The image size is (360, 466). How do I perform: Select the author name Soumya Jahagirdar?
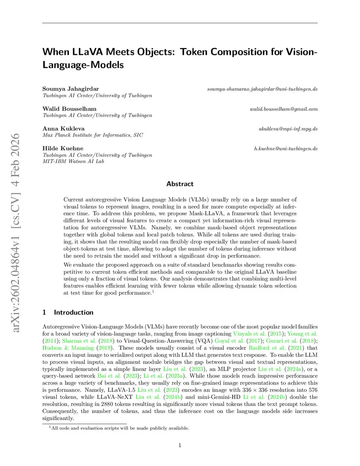pyautogui.click(x=71, y=89)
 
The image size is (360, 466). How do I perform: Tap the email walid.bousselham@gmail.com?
pyautogui.click(x=284, y=109)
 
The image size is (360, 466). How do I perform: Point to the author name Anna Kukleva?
pyautogui.click(x=64, y=128)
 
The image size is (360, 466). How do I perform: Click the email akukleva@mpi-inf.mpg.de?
pyautogui.click(x=288, y=129)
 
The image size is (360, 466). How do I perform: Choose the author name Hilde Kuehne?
pyautogui.click(x=63, y=148)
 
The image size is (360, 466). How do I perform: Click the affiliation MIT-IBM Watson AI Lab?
pyautogui.click(x=73, y=161)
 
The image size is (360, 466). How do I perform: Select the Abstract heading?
pyautogui.click(x=180, y=184)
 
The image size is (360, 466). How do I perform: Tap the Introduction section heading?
pyautogui.click(x=73, y=312)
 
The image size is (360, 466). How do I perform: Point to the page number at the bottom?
pyautogui.click(x=180, y=445)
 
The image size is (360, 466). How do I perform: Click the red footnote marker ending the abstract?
pyautogui.click(x=153, y=292)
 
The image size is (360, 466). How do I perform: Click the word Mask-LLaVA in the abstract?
pyautogui.click(x=206, y=213)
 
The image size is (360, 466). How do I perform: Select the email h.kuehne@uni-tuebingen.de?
pyautogui.click(x=286, y=149)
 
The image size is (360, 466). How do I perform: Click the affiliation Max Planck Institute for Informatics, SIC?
pyautogui.click(x=93, y=135)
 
